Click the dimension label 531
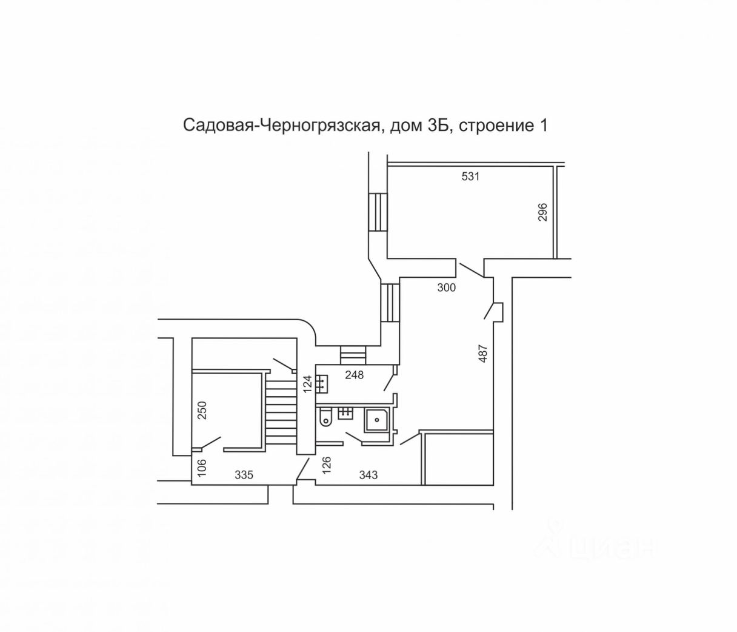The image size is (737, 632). point(470,177)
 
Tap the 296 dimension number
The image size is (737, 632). point(543,212)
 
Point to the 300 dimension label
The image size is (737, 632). point(447,288)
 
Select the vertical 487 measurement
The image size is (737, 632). point(483,354)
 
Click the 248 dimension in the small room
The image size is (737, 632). point(355,375)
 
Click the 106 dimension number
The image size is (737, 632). point(202,466)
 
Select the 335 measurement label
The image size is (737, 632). point(244,475)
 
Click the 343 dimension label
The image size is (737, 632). point(368,475)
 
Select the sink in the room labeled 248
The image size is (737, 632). point(322,383)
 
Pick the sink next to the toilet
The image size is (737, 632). point(345,413)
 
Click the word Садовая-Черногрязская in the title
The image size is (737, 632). point(282,126)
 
